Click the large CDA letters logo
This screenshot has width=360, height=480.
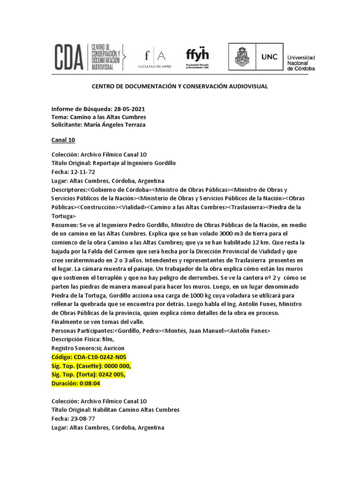click(68, 56)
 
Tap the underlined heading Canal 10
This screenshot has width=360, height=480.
click(63, 140)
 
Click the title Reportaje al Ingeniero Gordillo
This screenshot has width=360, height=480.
click(134, 163)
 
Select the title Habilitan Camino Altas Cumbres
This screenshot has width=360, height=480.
click(136, 410)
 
